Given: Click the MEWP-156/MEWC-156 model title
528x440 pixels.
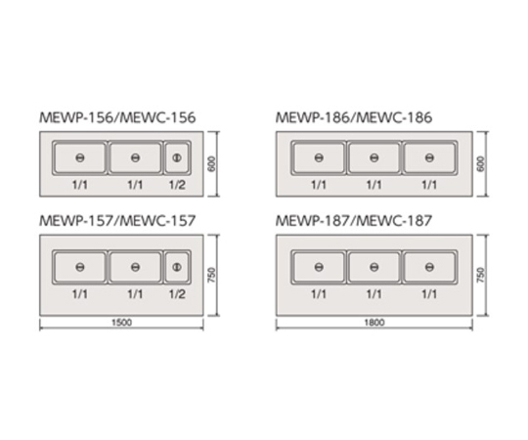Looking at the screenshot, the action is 117,118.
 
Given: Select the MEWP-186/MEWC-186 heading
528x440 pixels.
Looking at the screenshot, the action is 354,118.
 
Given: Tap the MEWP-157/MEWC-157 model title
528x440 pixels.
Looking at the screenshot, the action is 117,221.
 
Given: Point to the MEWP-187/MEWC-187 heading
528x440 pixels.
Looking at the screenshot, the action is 354,221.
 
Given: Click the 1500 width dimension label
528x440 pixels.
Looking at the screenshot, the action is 121,323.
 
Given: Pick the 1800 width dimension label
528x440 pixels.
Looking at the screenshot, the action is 374,323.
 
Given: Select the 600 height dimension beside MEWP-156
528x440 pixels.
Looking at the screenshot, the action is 212,164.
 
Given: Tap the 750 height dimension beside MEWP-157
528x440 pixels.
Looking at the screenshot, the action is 212,275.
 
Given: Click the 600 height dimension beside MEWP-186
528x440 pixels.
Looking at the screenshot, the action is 481,164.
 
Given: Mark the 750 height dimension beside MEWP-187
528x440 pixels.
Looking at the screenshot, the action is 481,275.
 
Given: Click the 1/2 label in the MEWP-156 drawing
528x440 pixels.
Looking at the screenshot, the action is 177,185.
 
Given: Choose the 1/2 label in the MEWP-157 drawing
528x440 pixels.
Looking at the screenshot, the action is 177,294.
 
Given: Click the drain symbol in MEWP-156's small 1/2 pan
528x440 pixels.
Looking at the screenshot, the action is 177,157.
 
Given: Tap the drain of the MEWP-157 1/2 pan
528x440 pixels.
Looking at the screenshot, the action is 177,267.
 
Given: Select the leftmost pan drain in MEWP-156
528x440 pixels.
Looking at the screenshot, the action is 80,157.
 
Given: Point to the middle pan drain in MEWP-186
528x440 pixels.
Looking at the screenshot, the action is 374,157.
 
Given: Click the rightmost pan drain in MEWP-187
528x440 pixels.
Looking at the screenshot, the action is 429,267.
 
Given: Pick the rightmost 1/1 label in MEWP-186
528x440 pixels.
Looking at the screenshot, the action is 429,185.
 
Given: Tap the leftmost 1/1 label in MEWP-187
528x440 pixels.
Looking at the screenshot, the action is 319,294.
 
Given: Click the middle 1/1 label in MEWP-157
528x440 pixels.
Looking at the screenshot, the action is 135,294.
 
